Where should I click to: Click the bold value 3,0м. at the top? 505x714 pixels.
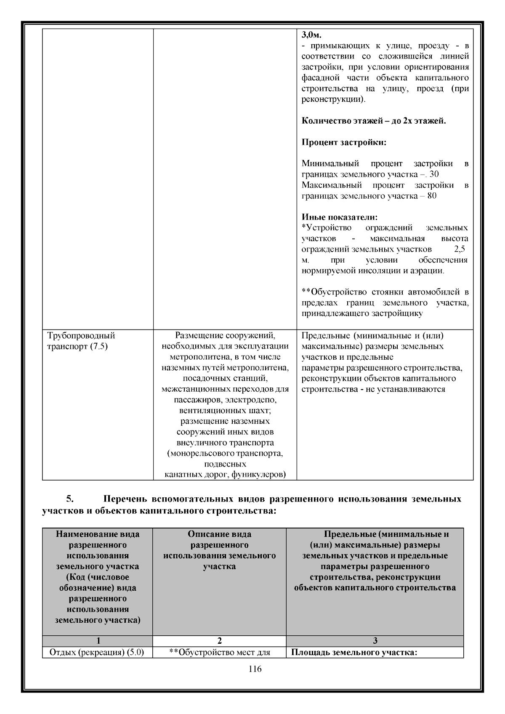point(311,35)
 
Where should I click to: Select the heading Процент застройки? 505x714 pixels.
point(344,142)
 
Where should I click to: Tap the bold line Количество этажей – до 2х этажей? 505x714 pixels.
point(374,121)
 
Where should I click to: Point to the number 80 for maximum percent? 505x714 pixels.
point(431,196)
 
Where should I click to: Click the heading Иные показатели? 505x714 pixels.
point(340,217)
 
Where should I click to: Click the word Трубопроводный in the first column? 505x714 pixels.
point(81,336)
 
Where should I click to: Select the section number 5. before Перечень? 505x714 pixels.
point(70,499)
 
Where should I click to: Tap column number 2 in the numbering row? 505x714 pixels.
point(219,641)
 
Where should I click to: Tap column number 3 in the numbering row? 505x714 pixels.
point(375,641)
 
